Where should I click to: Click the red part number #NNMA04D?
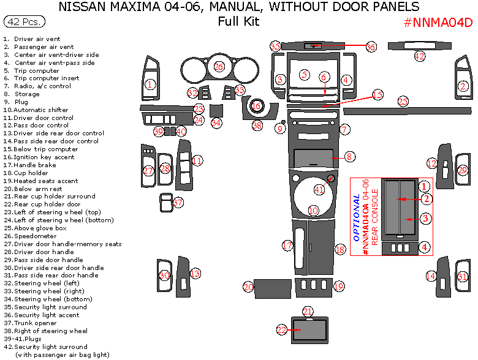(x=438, y=23)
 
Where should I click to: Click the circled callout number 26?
(x=219, y=66)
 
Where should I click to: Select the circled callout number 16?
(x=256, y=106)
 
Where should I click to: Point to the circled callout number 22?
(x=282, y=330)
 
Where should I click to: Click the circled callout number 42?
(x=419, y=56)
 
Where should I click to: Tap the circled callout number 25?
(x=403, y=101)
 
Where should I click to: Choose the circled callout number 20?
(x=248, y=287)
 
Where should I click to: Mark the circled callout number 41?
(x=319, y=189)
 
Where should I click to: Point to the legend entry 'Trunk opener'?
(x=37, y=323)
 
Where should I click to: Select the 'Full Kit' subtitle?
(x=238, y=22)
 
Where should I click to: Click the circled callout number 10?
(x=313, y=211)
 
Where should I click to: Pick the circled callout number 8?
(x=349, y=157)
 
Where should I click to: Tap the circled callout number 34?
(x=216, y=122)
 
